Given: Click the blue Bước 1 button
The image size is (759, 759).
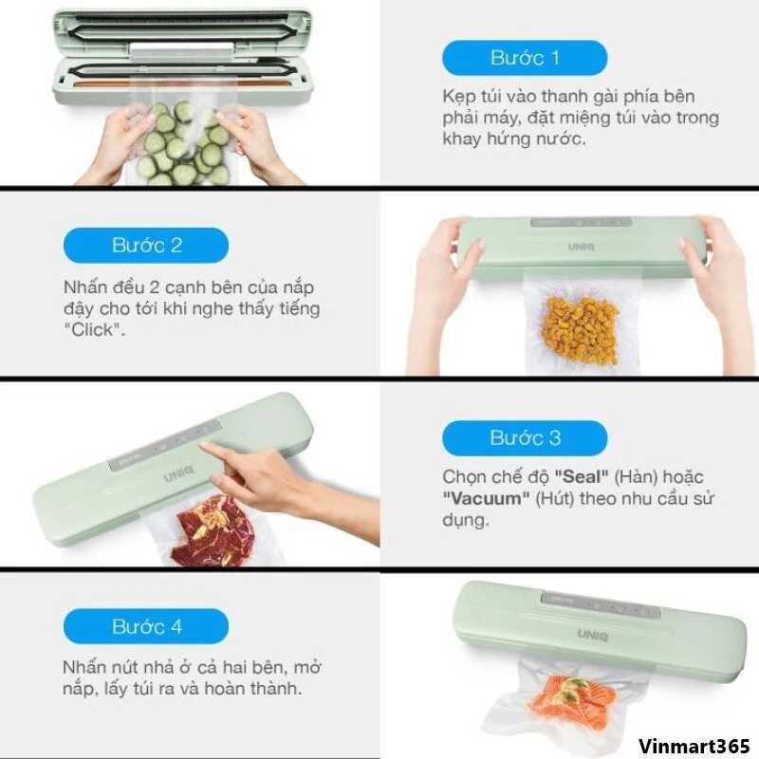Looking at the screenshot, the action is point(525,58).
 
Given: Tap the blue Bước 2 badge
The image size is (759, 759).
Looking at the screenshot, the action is point(146,246).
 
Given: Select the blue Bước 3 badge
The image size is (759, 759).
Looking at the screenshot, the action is point(525,438).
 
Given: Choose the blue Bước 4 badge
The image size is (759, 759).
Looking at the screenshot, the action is point(146,626).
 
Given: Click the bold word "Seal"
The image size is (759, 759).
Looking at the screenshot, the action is point(581,477).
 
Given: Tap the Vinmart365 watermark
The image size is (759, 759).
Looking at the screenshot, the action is point(694,746).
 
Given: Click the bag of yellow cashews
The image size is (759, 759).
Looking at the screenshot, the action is point(582,330).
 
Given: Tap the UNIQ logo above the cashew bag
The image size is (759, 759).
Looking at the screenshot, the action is point(581,247).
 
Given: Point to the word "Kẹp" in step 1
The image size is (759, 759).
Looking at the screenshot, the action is point(456,98).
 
